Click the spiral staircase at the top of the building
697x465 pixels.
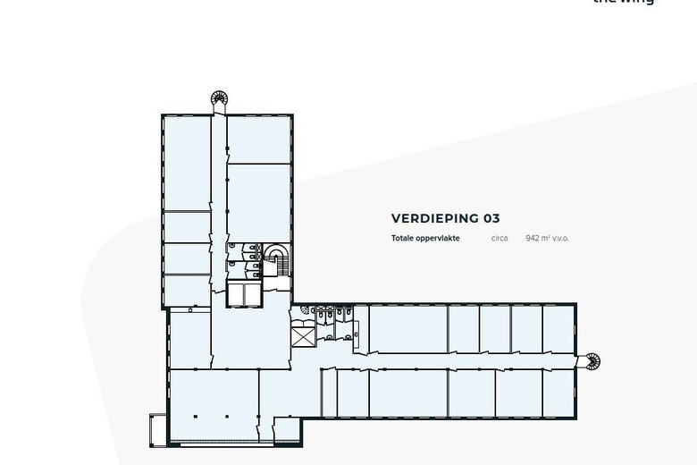click(x=219, y=98)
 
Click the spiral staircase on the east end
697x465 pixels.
click(x=591, y=361)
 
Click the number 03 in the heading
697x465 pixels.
click(x=491, y=218)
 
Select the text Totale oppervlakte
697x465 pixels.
click(x=425, y=239)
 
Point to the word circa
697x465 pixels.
click(x=500, y=239)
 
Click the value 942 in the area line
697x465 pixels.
click(x=535, y=239)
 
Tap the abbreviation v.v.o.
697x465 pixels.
click(x=560, y=239)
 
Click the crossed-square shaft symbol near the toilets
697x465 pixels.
click(x=303, y=336)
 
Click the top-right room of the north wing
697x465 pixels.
click(x=259, y=139)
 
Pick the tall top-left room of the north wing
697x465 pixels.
click(x=186, y=164)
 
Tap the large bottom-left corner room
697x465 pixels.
click(x=214, y=405)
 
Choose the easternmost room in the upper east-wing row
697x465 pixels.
click(x=558, y=329)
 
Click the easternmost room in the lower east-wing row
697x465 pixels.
click(x=558, y=393)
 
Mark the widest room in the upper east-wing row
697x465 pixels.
click(x=407, y=329)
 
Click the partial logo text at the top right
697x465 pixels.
click(x=623, y=3)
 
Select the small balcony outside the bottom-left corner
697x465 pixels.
click(x=158, y=429)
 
